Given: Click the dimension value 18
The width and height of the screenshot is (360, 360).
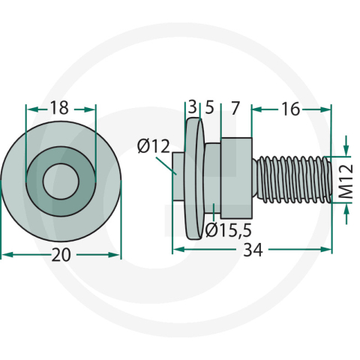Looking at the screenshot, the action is tap(59, 108).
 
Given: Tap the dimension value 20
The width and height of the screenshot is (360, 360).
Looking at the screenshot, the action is tap(61, 255).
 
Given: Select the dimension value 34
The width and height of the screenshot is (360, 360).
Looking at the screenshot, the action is tap(253, 250).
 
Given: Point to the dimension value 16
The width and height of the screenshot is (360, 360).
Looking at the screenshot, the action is tap(290, 109).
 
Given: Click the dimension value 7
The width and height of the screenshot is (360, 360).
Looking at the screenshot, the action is tap(235, 108).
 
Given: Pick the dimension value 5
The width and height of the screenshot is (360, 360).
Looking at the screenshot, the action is tap(210, 107).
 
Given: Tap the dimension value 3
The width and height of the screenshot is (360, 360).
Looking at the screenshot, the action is tap(193, 106).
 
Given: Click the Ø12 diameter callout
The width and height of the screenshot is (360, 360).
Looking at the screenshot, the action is tap(154, 146).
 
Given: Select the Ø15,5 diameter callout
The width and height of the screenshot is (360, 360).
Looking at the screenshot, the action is tap(228, 230).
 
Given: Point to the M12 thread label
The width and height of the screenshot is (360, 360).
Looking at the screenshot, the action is tap(347, 181).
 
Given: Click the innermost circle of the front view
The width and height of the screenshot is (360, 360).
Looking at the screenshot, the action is tap(61, 181).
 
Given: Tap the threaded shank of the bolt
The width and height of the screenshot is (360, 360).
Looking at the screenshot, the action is tap(292, 179).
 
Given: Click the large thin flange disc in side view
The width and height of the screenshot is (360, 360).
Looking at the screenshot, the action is tap(194, 178).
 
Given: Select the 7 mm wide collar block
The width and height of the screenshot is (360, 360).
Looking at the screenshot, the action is tap(236, 178).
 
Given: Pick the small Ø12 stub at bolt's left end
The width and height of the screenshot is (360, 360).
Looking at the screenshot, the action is tap(178, 176).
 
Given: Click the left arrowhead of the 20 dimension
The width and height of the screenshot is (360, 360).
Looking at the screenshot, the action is tap(7, 255).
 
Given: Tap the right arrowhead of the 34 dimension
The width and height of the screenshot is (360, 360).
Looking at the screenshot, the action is tap(326, 249).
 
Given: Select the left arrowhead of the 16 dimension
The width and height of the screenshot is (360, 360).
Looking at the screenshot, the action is tap(257, 109).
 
